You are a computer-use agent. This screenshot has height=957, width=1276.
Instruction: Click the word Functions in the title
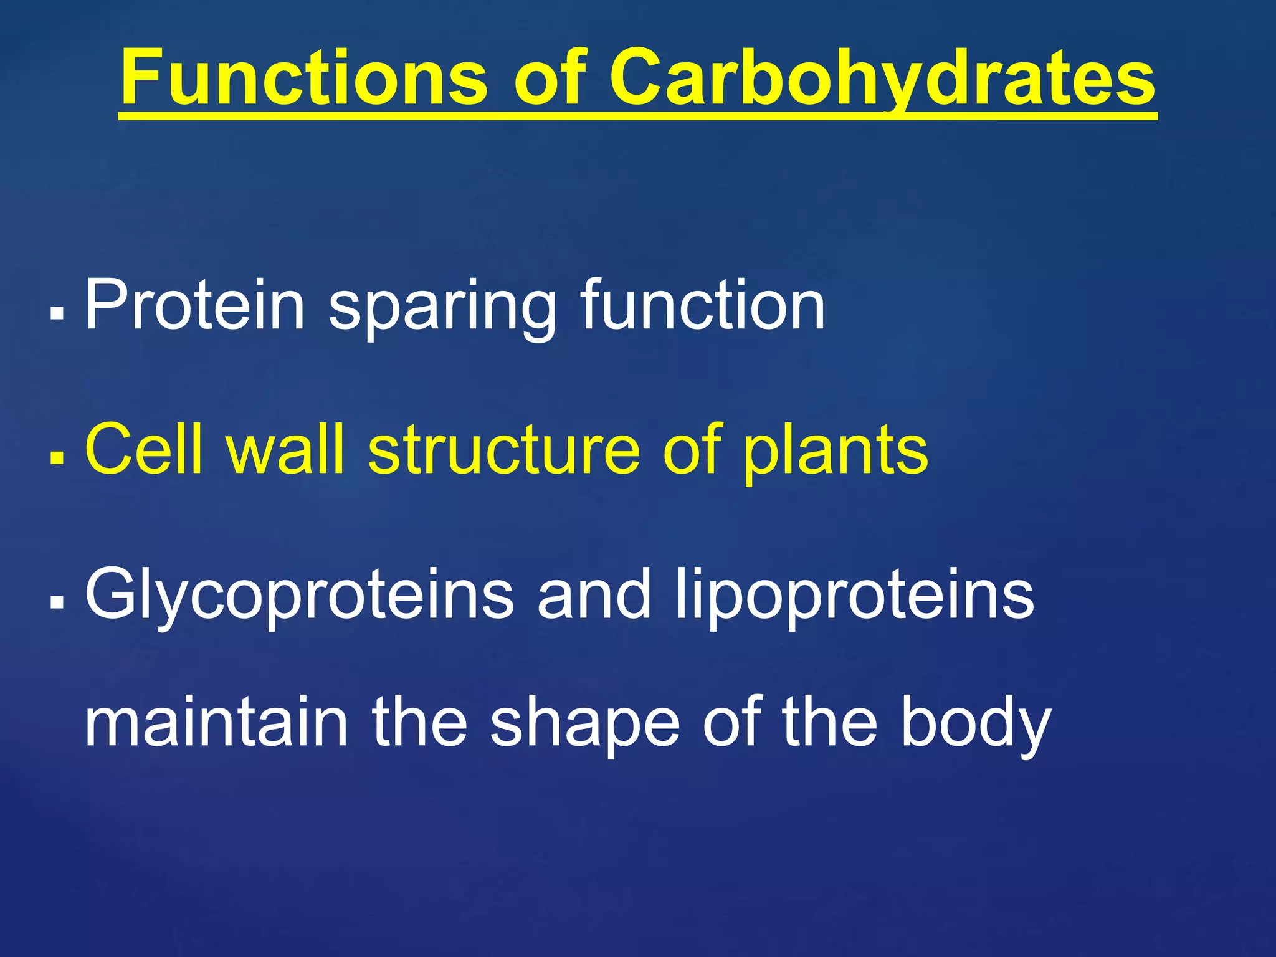coord(304,79)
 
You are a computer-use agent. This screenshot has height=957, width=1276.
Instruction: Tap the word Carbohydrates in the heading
coord(882,79)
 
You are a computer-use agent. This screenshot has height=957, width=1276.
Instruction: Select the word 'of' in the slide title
coord(550,79)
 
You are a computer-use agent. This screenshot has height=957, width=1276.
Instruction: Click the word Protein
coord(195,305)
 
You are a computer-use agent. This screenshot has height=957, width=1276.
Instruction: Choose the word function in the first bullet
coord(702,305)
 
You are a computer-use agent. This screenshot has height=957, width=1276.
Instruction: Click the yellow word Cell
coord(144,449)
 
